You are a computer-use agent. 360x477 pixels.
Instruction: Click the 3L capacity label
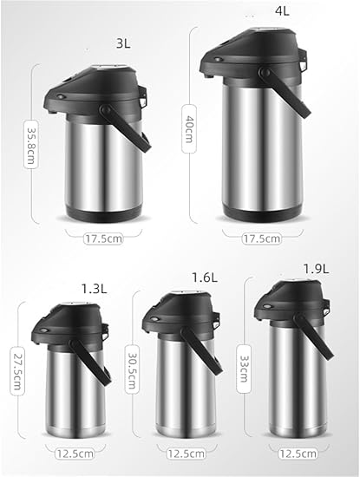(x=123, y=43)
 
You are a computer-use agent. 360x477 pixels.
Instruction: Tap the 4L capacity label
(x=282, y=11)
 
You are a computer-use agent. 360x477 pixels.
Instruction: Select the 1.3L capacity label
(x=94, y=289)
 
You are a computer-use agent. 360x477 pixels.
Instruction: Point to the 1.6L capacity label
(x=205, y=278)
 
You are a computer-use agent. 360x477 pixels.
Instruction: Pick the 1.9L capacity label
(x=316, y=269)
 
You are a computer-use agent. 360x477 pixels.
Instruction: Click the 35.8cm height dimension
(x=30, y=144)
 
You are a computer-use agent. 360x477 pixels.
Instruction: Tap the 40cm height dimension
(x=188, y=128)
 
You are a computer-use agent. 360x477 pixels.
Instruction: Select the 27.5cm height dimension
(x=17, y=371)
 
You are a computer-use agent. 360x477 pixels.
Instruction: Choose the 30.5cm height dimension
(x=133, y=369)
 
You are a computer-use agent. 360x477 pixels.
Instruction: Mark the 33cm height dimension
(x=244, y=369)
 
